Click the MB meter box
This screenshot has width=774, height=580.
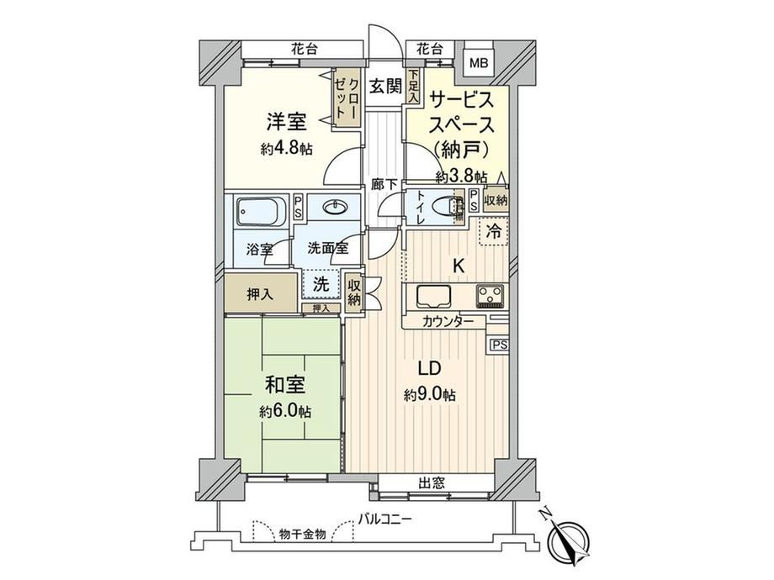[x=479, y=63]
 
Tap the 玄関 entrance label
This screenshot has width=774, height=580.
[x=385, y=87]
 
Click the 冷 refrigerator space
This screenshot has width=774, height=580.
[x=494, y=231]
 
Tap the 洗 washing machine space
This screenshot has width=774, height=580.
[x=321, y=285]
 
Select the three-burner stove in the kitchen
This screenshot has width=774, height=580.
[x=490, y=297]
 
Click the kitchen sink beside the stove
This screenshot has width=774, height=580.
[x=434, y=297]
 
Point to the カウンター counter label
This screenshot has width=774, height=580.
[x=448, y=322]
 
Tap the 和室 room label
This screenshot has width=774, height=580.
[x=285, y=385]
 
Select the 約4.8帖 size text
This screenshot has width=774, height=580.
[x=286, y=149]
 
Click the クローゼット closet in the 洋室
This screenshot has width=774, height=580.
[x=347, y=98]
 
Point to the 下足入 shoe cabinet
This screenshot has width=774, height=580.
[x=413, y=87]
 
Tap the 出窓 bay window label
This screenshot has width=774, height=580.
[x=432, y=482]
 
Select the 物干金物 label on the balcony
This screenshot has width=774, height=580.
[x=302, y=534]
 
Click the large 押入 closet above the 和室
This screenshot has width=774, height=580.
[x=261, y=293]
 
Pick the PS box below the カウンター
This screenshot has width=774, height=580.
[x=499, y=345]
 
